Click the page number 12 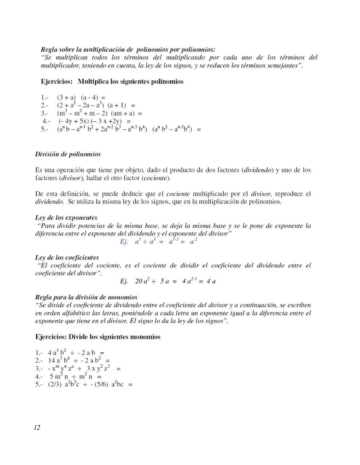[37, 428]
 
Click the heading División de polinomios [68, 154]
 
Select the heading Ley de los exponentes [66, 218]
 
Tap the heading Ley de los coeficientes [67, 258]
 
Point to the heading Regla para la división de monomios [86, 297]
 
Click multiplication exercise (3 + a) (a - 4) [81, 97]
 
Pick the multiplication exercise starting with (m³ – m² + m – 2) [99, 113]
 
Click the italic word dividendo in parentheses [258, 170]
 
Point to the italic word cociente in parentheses [156, 178]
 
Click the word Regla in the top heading [49, 49]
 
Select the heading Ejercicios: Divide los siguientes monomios [98, 337]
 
